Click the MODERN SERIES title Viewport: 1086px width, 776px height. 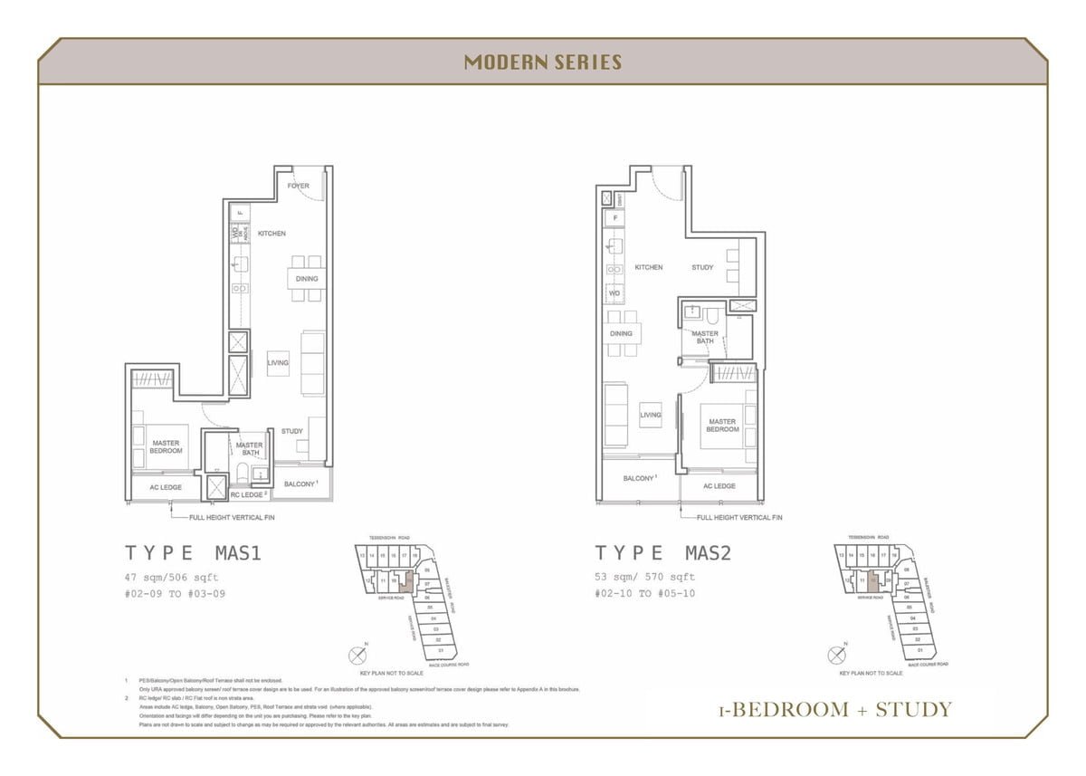point(543,62)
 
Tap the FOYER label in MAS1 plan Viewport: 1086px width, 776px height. point(299,186)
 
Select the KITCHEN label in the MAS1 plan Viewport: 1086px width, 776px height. point(271,234)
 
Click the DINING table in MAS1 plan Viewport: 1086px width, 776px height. point(307,279)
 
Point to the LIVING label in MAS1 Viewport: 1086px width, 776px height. point(278,362)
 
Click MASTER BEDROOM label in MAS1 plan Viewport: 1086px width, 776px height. point(166,446)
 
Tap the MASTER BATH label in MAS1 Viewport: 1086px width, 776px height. point(249,448)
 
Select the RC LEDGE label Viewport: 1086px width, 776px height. point(247,495)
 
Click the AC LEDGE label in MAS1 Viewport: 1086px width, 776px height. point(166,487)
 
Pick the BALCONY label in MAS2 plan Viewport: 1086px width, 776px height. point(639,477)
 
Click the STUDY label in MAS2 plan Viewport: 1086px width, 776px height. point(702,267)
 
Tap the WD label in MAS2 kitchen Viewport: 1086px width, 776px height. point(614,293)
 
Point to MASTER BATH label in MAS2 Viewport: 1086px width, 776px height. point(705,337)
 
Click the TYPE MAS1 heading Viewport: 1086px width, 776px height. point(193,553)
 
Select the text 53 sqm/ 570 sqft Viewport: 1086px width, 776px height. point(644,577)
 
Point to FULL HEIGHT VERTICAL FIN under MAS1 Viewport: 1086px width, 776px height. point(232,517)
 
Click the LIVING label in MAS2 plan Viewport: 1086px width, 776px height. point(651,415)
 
